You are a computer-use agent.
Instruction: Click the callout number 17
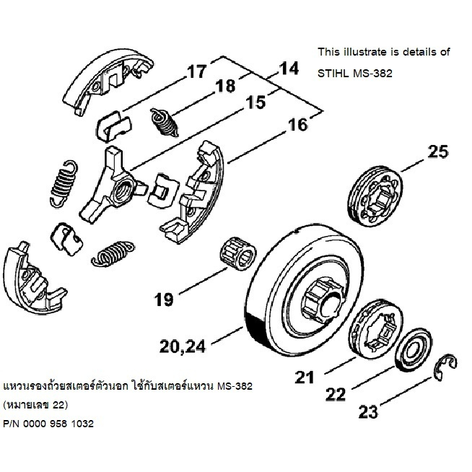[x=196, y=72]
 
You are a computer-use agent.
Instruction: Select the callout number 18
[x=225, y=87]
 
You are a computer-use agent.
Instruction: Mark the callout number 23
[x=367, y=413]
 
